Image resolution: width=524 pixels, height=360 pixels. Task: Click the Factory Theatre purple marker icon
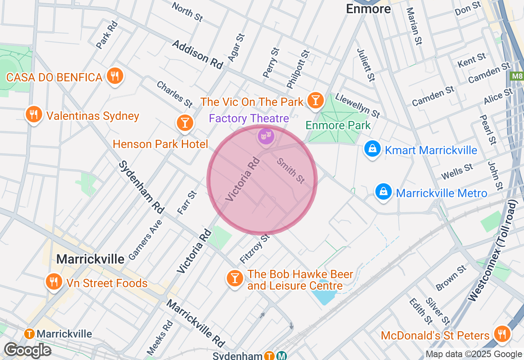pyautogui.click(x=266, y=135)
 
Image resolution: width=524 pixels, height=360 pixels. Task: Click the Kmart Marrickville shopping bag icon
pyautogui.click(x=373, y=149)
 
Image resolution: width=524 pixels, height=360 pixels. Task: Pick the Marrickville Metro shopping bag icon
pyautogui.click(x=384, y=192)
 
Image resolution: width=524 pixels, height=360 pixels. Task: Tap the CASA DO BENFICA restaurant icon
pyautogui.click(x=115, y=76)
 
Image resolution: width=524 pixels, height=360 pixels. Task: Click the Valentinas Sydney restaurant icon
pyautogui.click(x=34, y=115)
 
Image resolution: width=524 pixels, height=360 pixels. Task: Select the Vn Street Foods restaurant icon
pyautogui.click(x=53, y=282)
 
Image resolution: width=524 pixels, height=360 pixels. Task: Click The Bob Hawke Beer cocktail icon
pyautogui.click(x=235, y=279)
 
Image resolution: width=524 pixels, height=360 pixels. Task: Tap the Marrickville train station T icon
pyautogui.click(x=29, y=334)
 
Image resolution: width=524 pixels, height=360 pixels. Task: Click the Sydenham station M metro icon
pyautogui.click(x=281, y=355)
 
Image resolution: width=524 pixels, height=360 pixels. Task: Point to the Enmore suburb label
pyautogui.click(x=368, y=9)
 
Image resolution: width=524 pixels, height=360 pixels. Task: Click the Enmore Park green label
pyautogui.click(x=338, y=125)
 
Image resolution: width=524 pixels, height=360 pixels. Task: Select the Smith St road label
pyautogui.click(x=291, y=171)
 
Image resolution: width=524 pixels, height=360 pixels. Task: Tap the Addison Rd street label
pyautogui.click(x=198, y=54)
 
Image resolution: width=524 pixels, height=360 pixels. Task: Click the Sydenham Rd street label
pyautogui.click(x=141, y=187)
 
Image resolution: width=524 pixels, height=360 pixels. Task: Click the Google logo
pyautogui.click(x=27, y=350)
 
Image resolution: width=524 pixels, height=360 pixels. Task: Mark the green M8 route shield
pyautogui.click(x=517, y=76)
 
